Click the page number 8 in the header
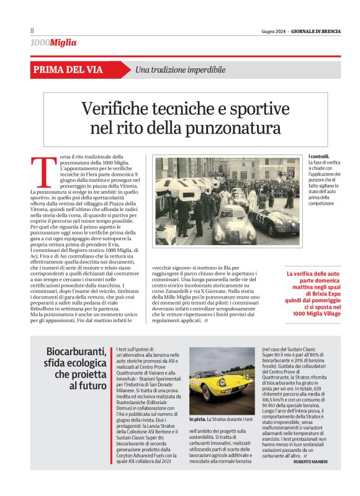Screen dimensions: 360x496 (x=32, y=31)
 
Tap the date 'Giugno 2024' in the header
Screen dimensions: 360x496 (x=274, y=31)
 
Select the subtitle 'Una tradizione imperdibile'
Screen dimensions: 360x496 (x=180, y=70)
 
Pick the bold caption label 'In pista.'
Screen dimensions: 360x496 (x=200, y=420)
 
